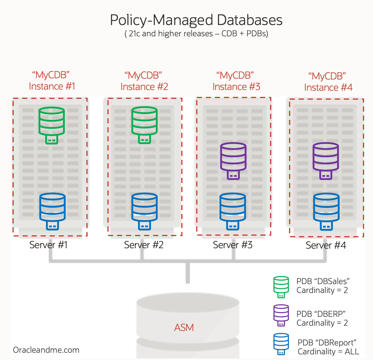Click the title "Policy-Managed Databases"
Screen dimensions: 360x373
tap(196, 20)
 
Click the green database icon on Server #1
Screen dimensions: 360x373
tap(51, 123)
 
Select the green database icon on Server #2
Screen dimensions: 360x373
tap(145, 123)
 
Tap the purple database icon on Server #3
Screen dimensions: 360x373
tap(233, 161)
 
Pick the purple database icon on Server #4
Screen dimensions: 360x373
tap(326, 161)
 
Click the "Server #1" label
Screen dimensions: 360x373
tap(48, 245)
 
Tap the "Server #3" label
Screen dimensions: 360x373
tap(233, 245)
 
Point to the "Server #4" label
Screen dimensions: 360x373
tap(325, 245)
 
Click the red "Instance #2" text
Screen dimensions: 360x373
tap(144, 86)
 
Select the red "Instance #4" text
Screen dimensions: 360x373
tap(328, 87)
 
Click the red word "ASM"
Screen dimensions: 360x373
tap(184, 327)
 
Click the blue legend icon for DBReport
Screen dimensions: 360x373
tap(281, 343)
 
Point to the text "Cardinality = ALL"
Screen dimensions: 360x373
tap(327, 351)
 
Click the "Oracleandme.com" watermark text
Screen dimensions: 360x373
tap(46, 350)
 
